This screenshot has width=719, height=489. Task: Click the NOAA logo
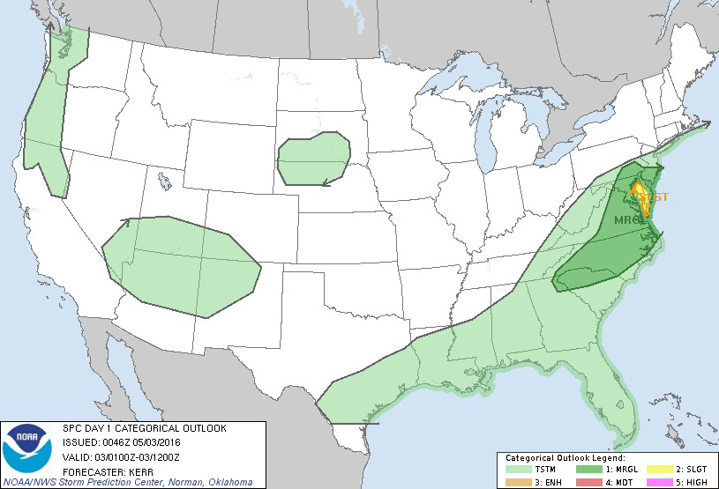[26, 448]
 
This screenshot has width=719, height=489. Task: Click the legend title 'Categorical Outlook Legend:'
[565, 458]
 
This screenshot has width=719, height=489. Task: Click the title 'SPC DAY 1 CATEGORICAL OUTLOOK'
[144, 427]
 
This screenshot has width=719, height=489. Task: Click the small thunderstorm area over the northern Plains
[311, 159]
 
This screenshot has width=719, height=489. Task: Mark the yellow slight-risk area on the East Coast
[642, 198]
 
